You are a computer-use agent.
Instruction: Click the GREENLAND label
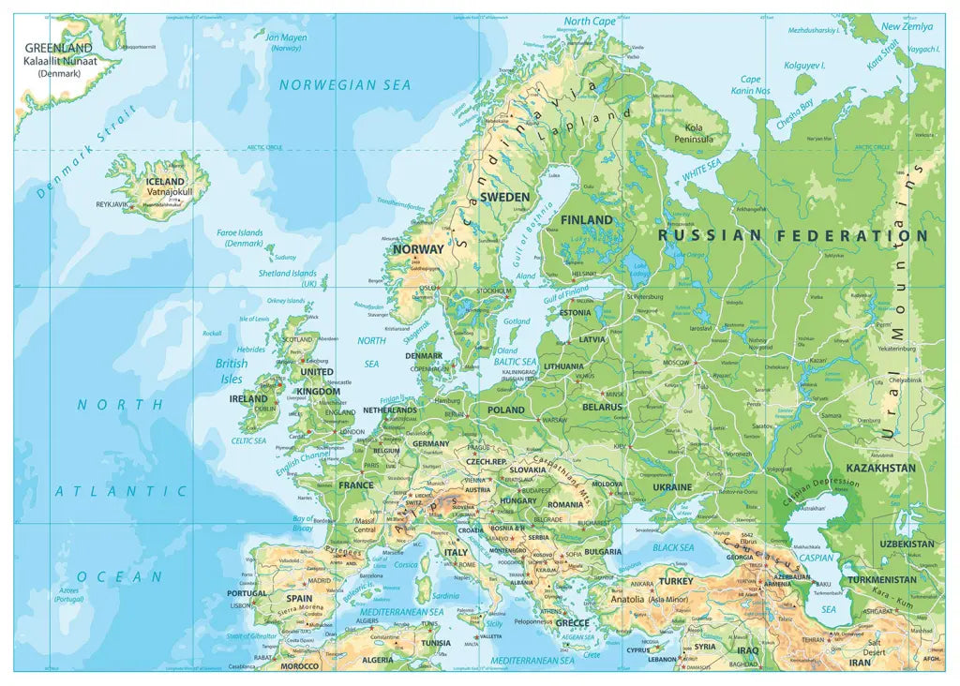[58, 48]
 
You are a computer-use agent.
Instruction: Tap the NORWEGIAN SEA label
[345, 85]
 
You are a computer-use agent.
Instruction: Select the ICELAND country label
[166, 181]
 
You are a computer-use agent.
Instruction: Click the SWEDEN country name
[505, 197]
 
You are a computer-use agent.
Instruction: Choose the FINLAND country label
[586, 219]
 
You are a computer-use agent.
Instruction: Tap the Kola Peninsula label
[694, 133]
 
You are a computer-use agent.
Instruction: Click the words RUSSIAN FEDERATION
[793, 236]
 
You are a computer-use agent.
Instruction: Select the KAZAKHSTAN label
[879, 468]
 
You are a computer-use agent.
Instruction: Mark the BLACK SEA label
[673, 547]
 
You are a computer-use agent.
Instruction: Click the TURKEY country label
[675, 581]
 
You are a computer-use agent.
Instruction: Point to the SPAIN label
[299, 598]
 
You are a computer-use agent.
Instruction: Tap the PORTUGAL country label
[247, 593]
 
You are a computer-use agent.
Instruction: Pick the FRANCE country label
[355, 485]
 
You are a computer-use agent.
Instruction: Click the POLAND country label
[506, 410]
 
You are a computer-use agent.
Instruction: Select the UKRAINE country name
[672, 487]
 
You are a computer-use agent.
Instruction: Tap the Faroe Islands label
[240, 237]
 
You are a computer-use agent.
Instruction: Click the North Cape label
[590, 21]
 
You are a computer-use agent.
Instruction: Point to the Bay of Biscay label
[304, 523]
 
